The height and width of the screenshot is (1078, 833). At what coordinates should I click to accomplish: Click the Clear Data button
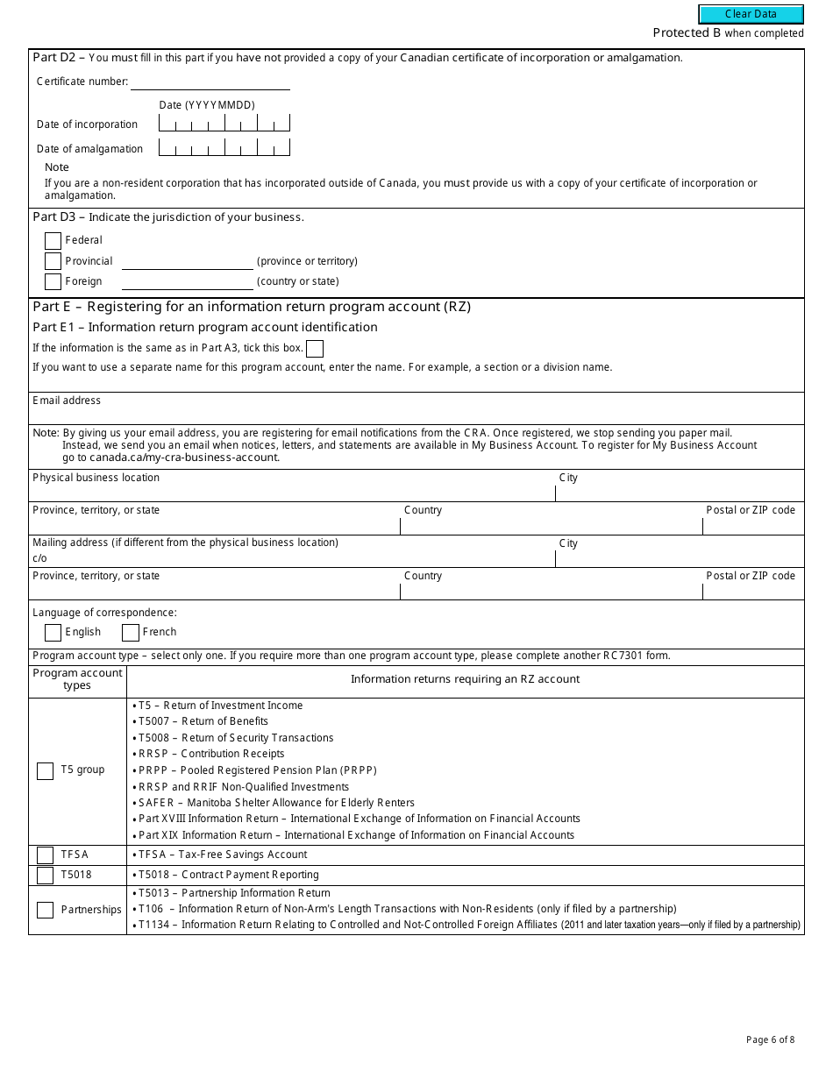[751, 14]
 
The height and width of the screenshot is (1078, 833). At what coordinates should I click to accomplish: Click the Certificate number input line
[210, 82]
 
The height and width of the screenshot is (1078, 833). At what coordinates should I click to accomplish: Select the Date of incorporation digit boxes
[224, 124]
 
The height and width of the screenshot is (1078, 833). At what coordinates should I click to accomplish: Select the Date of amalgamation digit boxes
[224, 148]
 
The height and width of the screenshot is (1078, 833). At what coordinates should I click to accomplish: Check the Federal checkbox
[53, 241]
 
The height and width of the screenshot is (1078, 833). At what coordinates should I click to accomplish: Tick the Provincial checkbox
[53, 261]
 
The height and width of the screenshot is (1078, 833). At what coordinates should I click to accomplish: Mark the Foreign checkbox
[53, 281]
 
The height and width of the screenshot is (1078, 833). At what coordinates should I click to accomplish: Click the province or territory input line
[187, 261]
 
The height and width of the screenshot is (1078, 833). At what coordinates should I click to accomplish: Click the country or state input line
[187, 281]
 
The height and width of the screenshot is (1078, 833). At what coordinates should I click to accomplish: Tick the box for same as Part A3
[314, 349]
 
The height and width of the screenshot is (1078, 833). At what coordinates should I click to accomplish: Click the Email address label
[67, 401]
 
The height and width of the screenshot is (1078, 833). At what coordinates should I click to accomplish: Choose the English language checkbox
[53, 633]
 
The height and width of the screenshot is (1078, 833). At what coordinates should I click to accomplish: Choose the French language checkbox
[131, 633]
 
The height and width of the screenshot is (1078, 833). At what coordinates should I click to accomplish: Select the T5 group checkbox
[45, 771]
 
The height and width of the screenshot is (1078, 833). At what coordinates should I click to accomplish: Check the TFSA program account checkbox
[45, 855]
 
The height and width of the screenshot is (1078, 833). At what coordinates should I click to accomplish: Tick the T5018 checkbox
[45, 876]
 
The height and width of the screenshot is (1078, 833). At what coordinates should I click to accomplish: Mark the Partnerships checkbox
[45, 910]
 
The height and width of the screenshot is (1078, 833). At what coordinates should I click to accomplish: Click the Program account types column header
[77, 680]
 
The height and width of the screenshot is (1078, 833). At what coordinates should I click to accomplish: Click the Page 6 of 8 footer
[770, 1040]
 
